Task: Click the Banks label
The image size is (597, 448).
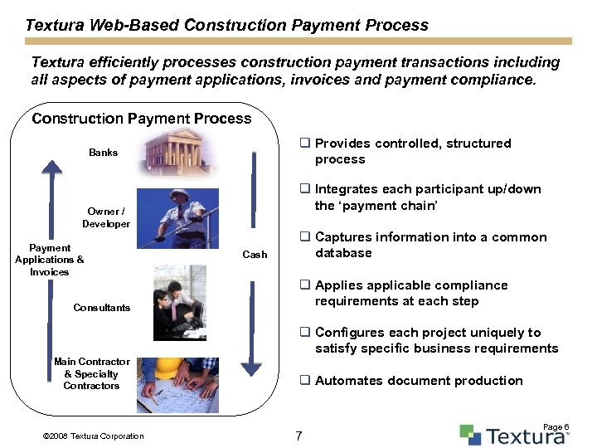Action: (104, 153)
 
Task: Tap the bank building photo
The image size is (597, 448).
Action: (179, 152)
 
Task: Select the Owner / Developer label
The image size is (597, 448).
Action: (106, 217)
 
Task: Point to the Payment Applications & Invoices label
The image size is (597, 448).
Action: (50, 260)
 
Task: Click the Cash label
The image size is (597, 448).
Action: (255, 255)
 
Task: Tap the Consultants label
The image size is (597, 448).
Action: (101, 308)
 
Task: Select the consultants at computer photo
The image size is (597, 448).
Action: (179, 303)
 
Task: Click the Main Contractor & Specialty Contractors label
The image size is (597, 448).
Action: (91, 373)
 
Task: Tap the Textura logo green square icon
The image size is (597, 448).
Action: (470, 435)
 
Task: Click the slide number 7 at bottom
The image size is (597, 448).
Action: (299, 436)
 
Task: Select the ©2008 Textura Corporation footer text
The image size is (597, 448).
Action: (92, 436)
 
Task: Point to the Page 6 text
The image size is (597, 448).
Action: (556, 426)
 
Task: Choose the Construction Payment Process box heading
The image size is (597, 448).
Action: (141, 119)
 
